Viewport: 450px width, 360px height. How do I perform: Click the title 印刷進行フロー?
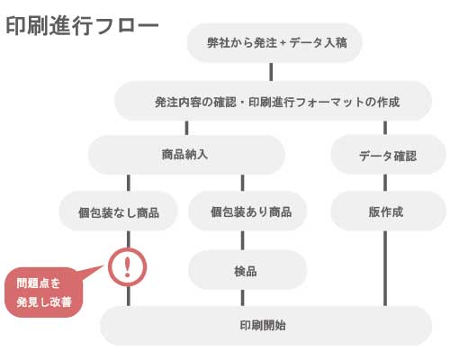(x=82, y=26)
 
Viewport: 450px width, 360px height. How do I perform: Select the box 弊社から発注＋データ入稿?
(x=274, y=42)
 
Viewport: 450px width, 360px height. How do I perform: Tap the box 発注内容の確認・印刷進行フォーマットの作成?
(x=274, y=101)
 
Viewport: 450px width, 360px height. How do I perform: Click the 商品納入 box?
(x=186, y=155)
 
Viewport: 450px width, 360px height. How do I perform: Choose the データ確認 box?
(x=388, y=155)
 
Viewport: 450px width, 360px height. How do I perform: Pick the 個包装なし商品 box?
(x=118, y=211)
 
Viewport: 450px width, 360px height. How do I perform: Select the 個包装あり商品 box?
(x=247, y=211)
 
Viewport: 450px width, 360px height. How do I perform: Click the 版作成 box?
(x=388, y=211)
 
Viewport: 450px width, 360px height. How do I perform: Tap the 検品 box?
(x=247, y=270)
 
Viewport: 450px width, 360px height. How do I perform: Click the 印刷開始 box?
(x=265, y=326)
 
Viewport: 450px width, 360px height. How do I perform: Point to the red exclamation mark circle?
(x=128, y=266)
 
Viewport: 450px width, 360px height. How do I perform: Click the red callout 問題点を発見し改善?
(x=44, y=292)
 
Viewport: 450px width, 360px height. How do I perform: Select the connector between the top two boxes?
(x=271, y=72)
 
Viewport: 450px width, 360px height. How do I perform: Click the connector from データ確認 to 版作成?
(x=385, y=183)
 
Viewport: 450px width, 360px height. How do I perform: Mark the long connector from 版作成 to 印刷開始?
(x=385, y=268)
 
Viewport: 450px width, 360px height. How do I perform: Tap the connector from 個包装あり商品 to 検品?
(x=243, y=240)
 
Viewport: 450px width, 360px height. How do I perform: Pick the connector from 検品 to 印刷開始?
(x=243, y=298)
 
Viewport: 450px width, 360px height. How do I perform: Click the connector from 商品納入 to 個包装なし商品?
(x=129, y=183)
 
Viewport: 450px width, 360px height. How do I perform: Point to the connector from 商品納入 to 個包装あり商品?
(x=243, y=183)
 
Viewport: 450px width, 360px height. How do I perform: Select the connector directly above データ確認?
(x=385, y=128)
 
